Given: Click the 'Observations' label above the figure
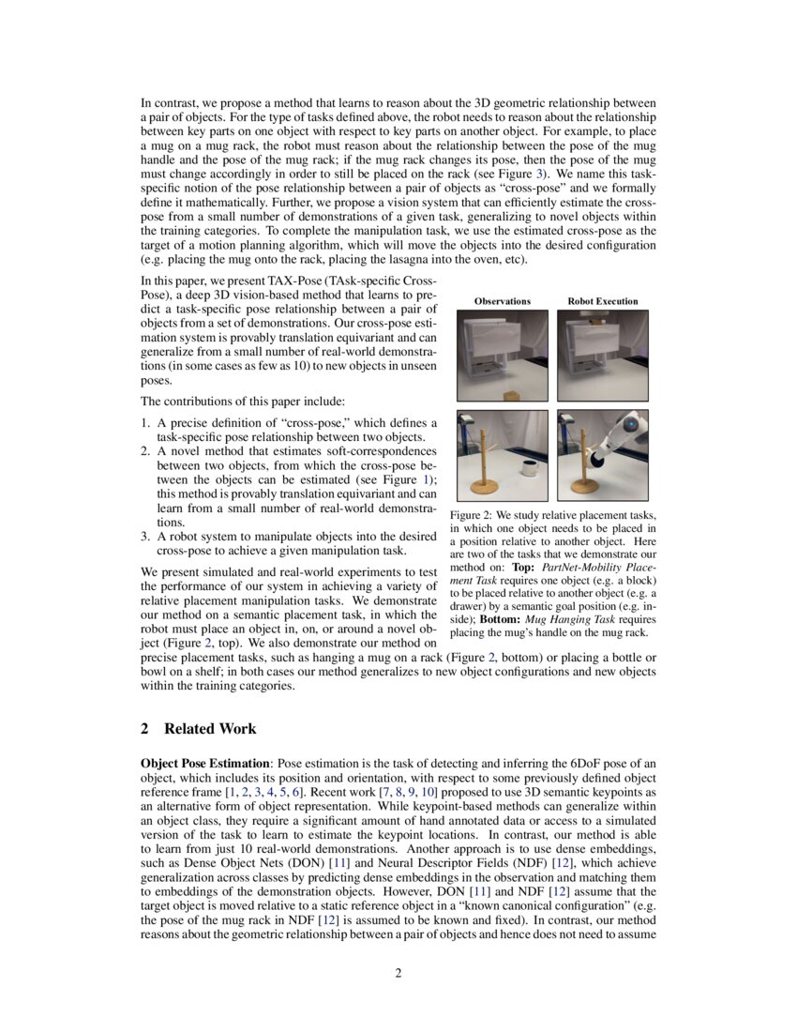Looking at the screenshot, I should coord(502,301).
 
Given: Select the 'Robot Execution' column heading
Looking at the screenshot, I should coord(602,301).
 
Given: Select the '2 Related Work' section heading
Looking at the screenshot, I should coord(198,729).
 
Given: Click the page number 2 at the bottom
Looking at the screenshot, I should coord(398,973).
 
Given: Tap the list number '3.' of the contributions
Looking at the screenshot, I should coord(146,537).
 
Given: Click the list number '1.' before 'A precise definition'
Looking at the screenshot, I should coord(146,423).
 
